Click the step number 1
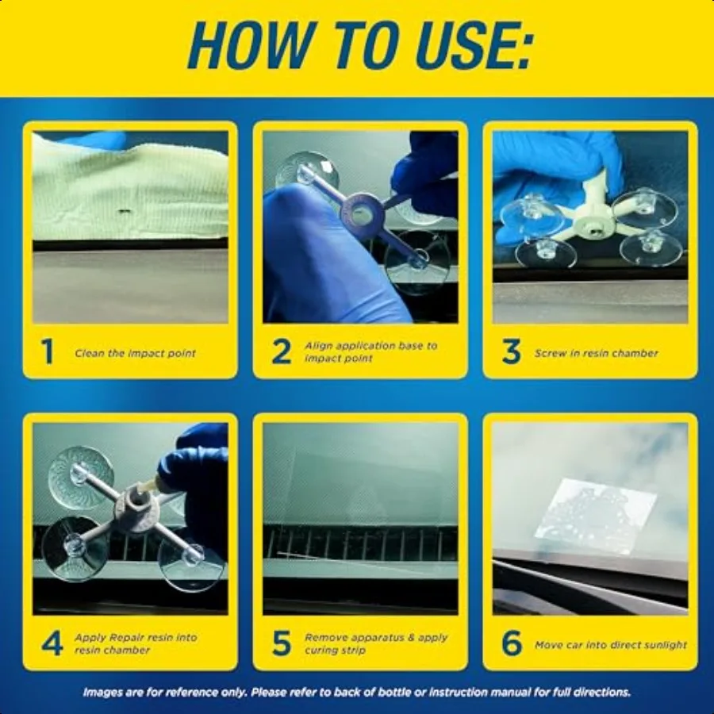pyautogui.click(x=48, y=351)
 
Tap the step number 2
pyautogui.click(x=282, y=351)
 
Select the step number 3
pyautogui.click(x=512, y=351)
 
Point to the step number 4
pyautogui.click(x=52, y=643)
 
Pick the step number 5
pyautogui.click(x=282, y=643)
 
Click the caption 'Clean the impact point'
pyautogui.click(x=135, y=353)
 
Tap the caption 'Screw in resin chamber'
pyautogui.click(x=596, y=353)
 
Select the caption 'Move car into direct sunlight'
pyautogui.click(x=610, y=645)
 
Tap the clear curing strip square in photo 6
pyautogui.click(x=596, y=515)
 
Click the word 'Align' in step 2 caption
pyautogui.click(x=318, y=346)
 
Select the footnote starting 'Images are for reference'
pyautogui.click(x=356, y=692)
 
